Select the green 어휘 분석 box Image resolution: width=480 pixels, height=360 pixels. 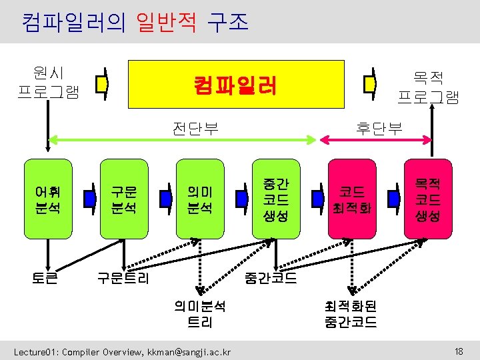point(47,199)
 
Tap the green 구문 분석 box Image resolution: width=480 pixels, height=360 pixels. point(123,199)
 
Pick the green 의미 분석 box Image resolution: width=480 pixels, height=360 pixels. point(199,199)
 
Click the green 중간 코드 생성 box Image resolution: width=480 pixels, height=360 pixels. point(275,199)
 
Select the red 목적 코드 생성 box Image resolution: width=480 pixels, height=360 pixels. point(427,199)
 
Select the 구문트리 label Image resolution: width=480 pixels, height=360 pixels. point(123,277)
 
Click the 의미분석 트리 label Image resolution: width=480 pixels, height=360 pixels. point(200,314)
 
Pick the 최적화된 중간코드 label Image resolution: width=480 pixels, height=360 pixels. point(351,314)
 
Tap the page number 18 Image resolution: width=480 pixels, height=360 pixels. point(458,351)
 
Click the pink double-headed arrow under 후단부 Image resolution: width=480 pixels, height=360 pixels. point(377,139)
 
